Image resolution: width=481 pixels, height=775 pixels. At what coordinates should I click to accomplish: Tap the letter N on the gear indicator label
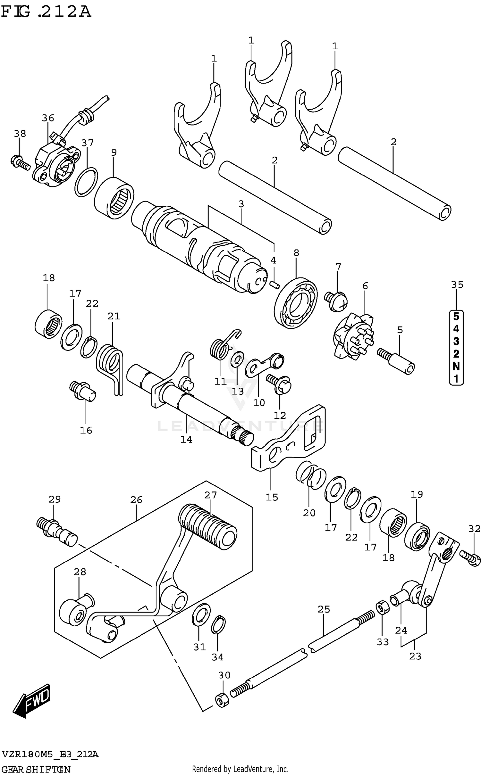(456, 366)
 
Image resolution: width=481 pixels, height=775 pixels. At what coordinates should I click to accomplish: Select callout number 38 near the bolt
(20, 134)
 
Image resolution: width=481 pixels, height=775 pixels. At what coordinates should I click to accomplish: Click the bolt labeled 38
(21, 162)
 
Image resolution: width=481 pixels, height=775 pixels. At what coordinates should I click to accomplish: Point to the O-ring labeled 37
(86, 182)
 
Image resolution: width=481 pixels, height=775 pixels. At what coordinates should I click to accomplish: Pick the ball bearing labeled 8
(296, 303)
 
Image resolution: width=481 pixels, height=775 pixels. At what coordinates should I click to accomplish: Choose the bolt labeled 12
(279, 384)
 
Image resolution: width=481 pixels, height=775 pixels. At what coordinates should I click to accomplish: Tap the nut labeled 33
(382, 607)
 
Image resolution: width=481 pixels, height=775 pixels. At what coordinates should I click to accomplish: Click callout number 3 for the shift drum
(241, 204)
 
